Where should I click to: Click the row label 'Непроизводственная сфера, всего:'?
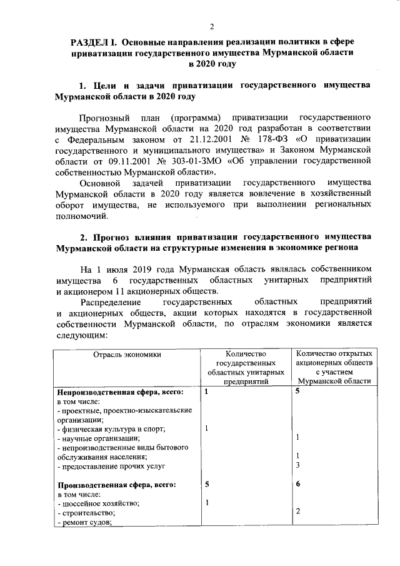tap(120, 392)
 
